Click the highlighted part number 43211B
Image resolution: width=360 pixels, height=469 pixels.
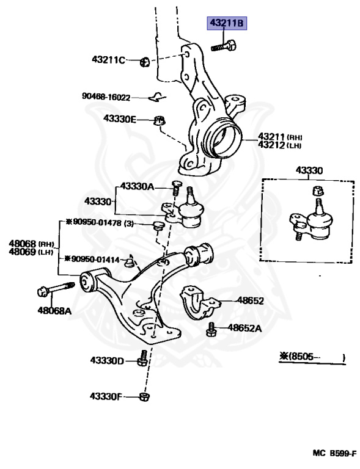click(x=227, y=24)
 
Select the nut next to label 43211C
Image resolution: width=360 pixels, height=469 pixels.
click(x=145, y=60)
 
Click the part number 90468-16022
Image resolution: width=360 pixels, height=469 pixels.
click(x=106, y=96)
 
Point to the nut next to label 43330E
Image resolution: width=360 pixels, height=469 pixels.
click(x=159, y=120)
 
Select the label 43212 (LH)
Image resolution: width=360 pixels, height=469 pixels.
click(x=280, y=145)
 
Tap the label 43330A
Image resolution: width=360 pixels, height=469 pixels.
click(x=137, y=186)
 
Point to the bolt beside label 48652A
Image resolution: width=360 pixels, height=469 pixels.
click(x=211, y=329)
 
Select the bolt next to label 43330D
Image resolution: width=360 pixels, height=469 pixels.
click(x=142, y=358)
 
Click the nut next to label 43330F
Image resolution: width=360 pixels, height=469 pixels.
click(x=144, y=397)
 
